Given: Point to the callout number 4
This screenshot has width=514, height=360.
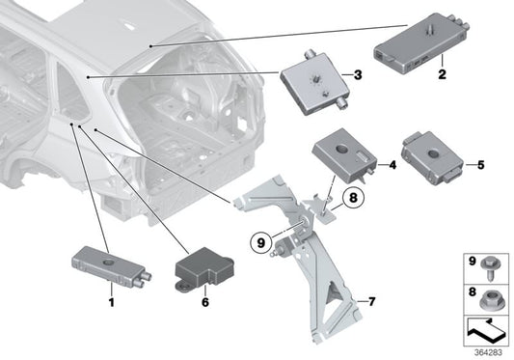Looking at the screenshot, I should pos(393,165).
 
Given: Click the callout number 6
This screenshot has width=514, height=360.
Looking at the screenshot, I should pos(205,301).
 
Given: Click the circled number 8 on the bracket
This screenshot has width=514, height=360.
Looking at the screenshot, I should pos(353,201).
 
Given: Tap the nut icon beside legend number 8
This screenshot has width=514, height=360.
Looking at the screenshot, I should pos(490,293).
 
